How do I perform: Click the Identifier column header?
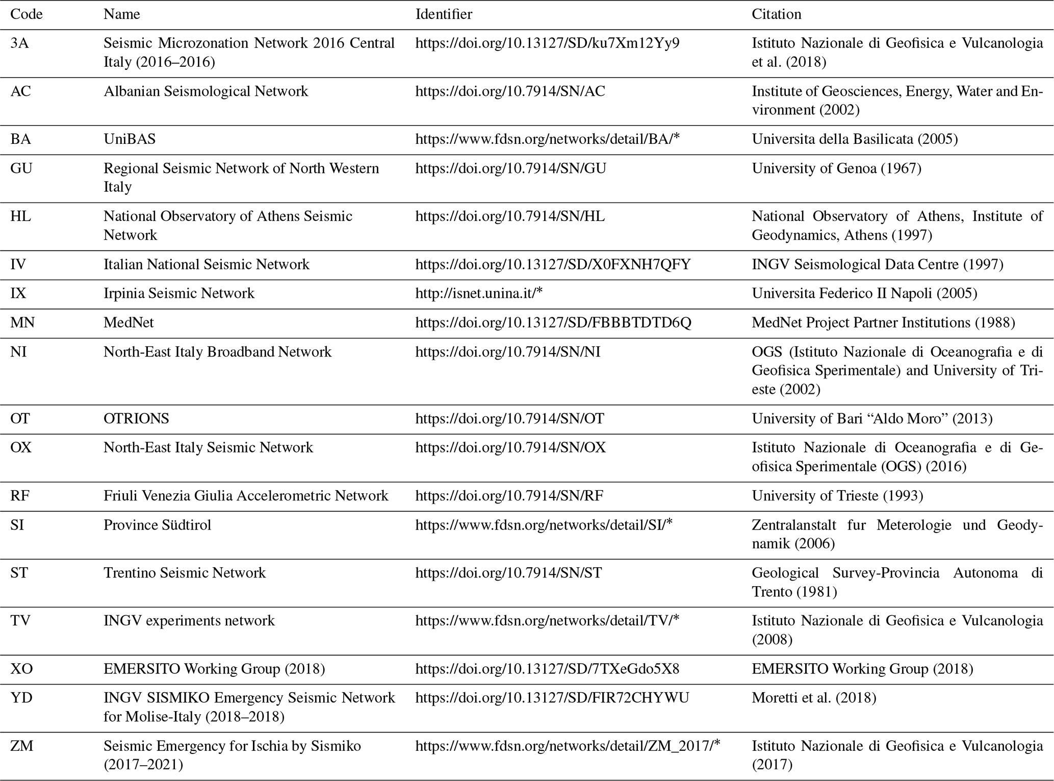tap(444, 14)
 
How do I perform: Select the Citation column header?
tap(776, 14)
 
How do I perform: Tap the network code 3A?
tap(19, 43)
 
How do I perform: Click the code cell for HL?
tap(20, 216)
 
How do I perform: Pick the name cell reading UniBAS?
tap(130, 139)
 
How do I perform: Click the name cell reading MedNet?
tap(128, 322)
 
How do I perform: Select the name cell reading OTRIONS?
tap(136, 419)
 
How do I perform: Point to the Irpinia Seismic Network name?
tap(178, 293)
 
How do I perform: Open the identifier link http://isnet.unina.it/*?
tap(479, 293)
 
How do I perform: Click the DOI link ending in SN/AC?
tap(510, 91)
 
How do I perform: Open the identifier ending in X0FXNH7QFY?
tap(553, 264)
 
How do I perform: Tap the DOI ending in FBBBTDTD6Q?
tap(553, 322)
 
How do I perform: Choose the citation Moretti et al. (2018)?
tap(814, 698)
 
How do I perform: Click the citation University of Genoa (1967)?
tap(836, 168)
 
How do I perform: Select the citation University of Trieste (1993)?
tap(837, 496)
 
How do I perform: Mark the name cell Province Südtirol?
tap(157, 525)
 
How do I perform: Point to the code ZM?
tap(21, 746)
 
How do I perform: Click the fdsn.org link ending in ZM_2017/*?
tap(568, 746)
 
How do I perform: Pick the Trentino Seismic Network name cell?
tap(185, 573)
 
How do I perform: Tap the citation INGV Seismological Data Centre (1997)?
tap(877, 264)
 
